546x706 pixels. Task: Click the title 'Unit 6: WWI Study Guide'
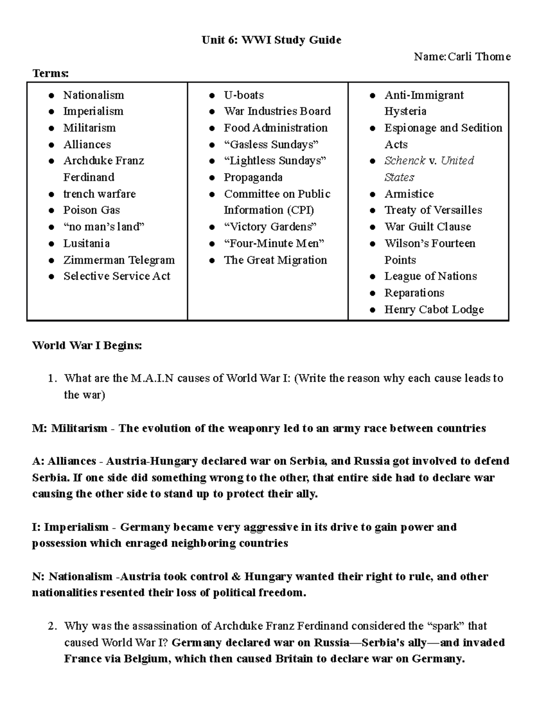[271, 40]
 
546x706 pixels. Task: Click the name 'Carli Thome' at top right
[479, 57]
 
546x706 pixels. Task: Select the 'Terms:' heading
[51, 73]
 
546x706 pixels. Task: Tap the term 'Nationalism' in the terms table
[93, 95]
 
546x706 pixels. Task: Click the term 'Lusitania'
[86, 243]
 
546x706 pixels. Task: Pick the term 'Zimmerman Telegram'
[119, 260]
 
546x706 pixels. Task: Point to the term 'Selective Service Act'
[116, 276]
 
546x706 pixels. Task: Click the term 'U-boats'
[243, 95]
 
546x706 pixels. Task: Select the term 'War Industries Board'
[277, 111]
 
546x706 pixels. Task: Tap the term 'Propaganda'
[253, 177]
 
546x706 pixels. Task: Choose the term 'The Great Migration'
[275, 260]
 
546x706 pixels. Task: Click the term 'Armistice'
[409, 194]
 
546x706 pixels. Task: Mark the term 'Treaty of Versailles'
[433, 210]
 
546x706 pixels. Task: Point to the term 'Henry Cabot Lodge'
[434, 310]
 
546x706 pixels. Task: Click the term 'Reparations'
[414, 293]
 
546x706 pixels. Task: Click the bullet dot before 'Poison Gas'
[52, 210]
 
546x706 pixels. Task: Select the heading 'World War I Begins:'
[87, 345]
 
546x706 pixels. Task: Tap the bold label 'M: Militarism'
[70, 428]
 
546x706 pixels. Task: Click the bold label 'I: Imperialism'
[70, 527]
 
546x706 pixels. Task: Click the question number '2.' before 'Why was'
[52, 626]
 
